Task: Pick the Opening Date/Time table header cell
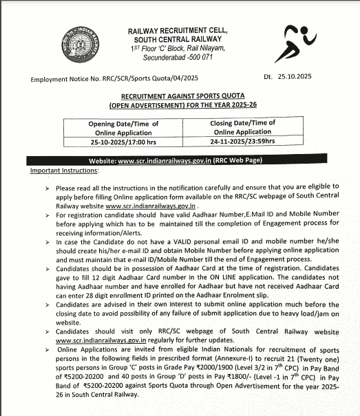123,128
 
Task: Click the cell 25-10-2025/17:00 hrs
123,141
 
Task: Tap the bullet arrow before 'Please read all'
46,188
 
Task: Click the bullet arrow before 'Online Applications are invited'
46,350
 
